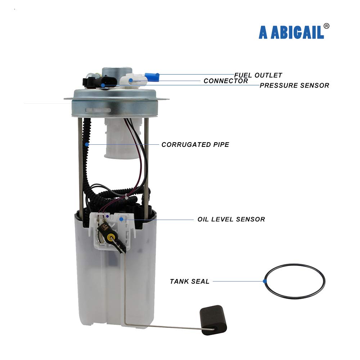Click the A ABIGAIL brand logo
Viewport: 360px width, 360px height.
(291, 32)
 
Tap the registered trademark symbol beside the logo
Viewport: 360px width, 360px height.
(326, 26)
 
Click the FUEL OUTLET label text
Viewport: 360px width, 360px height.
(258, 75)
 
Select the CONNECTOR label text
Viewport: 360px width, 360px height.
(226, 81)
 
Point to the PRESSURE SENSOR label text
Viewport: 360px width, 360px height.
(294, 85)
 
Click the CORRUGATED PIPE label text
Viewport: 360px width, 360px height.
(195, 145)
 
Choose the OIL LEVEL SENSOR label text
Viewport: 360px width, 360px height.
(231, 219)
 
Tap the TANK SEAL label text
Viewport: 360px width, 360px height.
(190, 282)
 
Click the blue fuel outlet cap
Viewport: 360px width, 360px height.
(152, 77)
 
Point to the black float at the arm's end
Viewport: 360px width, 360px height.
(213, 320)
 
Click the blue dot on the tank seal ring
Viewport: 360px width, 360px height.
(265, 281)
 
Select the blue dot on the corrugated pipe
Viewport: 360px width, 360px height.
(87, 144)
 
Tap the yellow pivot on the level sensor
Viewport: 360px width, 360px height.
(111, 237)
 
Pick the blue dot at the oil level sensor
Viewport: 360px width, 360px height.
(121, 219)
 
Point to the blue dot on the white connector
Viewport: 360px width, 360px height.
(131, 80)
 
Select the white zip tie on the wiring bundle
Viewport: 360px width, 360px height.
(127, 197)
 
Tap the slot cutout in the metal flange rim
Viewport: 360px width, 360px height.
(98, 110)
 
